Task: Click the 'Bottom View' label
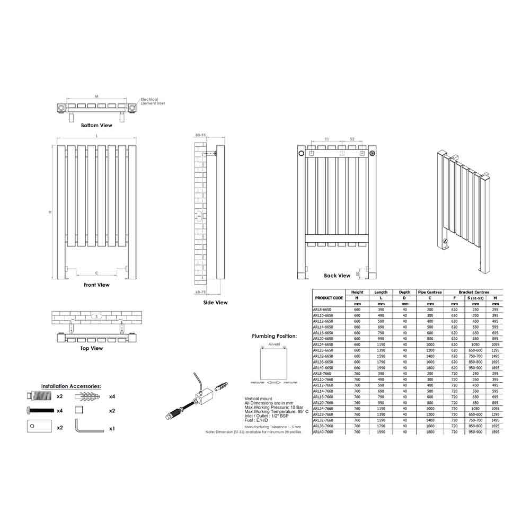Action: pyautogui.click(x=96, y=126)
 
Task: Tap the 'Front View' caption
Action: pyautogui.click(x=96, y=285)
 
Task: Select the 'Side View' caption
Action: pyautogui.click(x=215, y=303)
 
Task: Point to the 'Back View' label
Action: pyautogui.click(x=337, y=276)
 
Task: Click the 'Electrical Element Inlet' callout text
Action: pyautogui.click(x=153, y=101)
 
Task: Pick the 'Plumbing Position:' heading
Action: pyautogui.click(x=274, y=336)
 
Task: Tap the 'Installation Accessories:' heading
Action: pyautogui.click(x=71, y=387)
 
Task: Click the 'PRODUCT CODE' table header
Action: pyautogui.click(x=329, y=298)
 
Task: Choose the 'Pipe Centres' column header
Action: pyautogui.click(x=430, y=292)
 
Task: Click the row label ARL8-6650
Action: pyautogui.click(x=323, y=309)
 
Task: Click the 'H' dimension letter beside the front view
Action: pyautogui.click(x=50, y=212)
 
